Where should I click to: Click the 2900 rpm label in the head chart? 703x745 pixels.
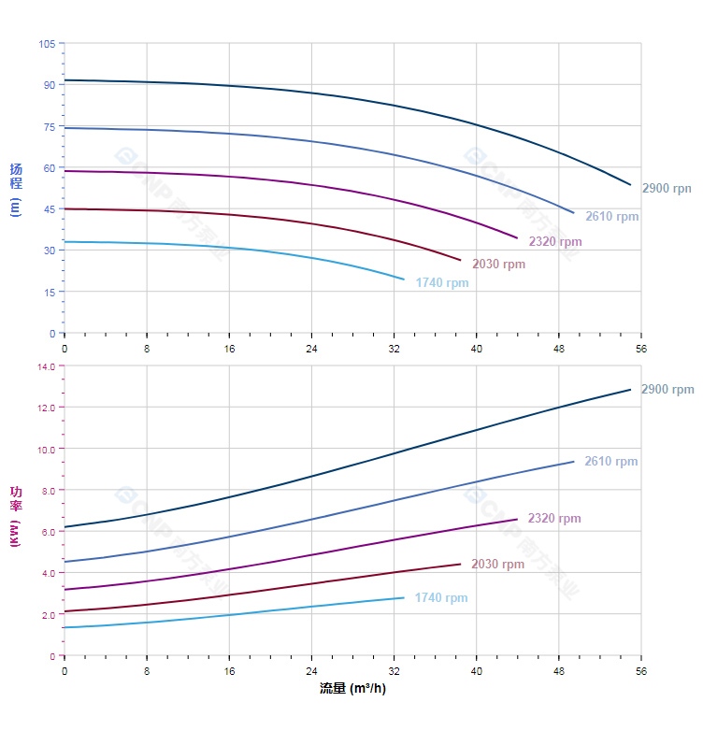pyautogui.click(x=666, y=189)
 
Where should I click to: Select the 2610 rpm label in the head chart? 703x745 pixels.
pyautogui.click(x=611, y=217)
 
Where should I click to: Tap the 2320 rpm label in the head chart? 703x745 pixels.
pyautogui.click(x=554, y=242)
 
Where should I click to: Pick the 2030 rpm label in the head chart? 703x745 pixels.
pyautogui.click(x=498, y=265)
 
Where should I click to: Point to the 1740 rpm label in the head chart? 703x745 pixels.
pyautogui.click(x=441, y=283)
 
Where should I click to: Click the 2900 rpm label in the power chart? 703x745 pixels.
pyautogui.click(x=667, y=390)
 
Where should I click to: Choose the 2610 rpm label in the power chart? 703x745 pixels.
pyautogui.click(x=610, y=462)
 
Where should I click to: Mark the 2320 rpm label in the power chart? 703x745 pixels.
pyautogui.click(x=553, y=519)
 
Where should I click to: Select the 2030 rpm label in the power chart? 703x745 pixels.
pyautogui.click(x=497, y=565)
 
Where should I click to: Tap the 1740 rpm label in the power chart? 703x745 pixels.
pyautogui.click(x=440, y=598)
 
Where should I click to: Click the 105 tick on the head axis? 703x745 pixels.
pyautogui.click(x=47, y=44)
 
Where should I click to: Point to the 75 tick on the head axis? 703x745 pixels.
pyautogui.click(x=50, y=126)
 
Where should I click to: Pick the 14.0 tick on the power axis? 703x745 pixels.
pyautogui.click(x=46, y=366)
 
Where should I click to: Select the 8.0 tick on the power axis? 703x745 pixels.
pyautogui.click(x=49, y=491)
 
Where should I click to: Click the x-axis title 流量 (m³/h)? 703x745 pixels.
pyautogui.click(x=352, y=689)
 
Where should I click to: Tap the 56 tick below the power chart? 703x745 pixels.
pyautogui.click(x=641, y=671)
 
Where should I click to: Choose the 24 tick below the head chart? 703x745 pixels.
pyautogui.click(x=311, y=349)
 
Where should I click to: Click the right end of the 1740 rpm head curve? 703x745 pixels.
pyautogui.click(x=404, y=279)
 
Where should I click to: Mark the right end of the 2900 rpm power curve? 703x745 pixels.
pyautogui.click(x=631, y=389)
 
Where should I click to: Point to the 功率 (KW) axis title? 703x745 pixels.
pyautogui.click(x=15, y=516)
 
